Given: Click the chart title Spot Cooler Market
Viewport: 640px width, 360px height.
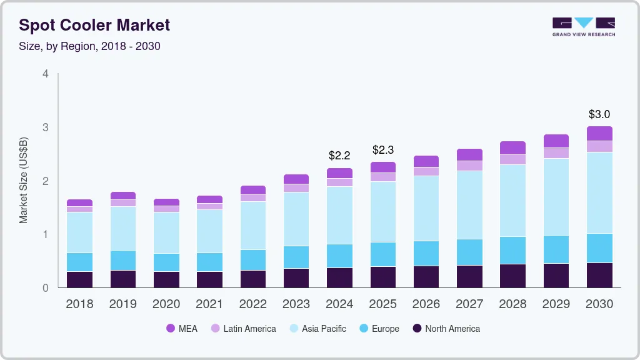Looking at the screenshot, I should (x=94, y=26).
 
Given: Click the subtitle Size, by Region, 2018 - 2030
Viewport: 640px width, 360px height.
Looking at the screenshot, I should (x=89, y=46).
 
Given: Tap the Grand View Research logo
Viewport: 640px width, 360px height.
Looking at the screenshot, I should (x=583, y=26).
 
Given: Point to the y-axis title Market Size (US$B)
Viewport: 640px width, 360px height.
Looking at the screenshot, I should (x=24, y=180).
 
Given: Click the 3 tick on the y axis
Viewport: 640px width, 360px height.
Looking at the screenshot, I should (x=46, y=127).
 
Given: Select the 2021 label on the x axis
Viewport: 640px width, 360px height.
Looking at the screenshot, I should (x=209, y=304).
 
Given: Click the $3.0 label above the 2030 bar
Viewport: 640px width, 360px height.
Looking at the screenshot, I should (x=599, y=114).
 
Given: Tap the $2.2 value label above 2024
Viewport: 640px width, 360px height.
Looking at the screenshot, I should (x=339, y=155).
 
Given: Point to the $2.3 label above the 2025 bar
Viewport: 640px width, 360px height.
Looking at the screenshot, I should (x=383, y=150).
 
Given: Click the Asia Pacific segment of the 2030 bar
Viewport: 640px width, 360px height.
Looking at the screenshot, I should (x=599, y=192).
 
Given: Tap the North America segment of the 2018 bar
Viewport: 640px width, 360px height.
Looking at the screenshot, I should (x=79, y=279).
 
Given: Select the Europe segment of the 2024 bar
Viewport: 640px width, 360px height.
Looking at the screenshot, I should (x=339, y=256).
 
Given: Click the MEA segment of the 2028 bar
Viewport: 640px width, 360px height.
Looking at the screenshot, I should (x=513, y=147).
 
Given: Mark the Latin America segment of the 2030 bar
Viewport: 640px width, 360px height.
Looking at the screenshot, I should (x=599, y=146).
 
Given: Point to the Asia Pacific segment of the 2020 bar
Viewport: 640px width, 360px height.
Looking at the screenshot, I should (x=166, y=232).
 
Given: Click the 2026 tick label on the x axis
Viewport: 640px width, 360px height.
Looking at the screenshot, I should (x=426, y=304).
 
